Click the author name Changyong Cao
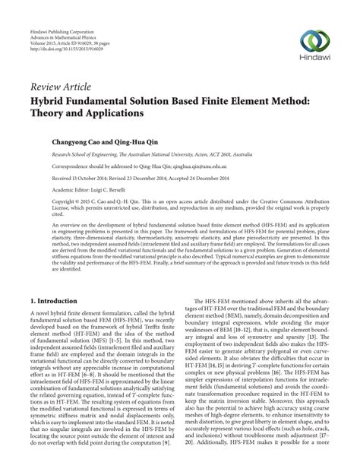click(79, 141)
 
